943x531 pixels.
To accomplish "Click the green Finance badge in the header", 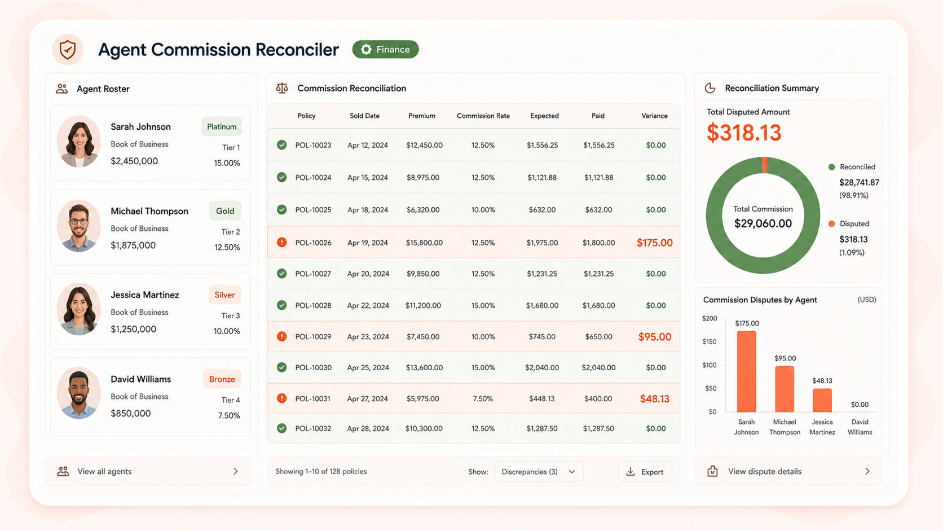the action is pyautogui.click(x=385, y=49).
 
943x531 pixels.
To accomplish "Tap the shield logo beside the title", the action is pyautogui.click(x=67, y=50).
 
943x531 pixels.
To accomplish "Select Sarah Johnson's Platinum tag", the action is pyautogui.click(x=222, y=126).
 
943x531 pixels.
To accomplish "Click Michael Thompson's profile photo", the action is pyautogui.click(x=79, y=226).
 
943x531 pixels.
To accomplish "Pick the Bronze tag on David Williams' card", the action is pyautogui.click(x=222, y=379).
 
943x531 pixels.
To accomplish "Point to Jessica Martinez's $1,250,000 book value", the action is pyautogui.click(x=134, y=329).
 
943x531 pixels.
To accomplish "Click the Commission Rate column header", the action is pyautogui.click(x=483, y=116).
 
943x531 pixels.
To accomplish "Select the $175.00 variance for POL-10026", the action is pyautogui.click(x=655, y=243).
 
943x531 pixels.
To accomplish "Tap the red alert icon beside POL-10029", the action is pyautogui.click(x=281, y=336).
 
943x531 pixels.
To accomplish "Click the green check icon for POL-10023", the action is pyautogui.click(x=281, y=145).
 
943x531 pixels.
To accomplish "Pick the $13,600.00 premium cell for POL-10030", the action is pyautogui.click(x=424, y=367).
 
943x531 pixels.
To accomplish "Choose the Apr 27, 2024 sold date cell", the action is pyautogui.click(x=368, y=399).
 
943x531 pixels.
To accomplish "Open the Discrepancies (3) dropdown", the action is pyautogui.click(x=539, y=472).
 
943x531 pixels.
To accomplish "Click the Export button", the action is pyautogui.click(x=645, y=472).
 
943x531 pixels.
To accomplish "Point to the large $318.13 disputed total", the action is pyautogui.click(x=744, y=133).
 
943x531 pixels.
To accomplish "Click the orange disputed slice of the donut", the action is pyautogui.click(x=765, y=165).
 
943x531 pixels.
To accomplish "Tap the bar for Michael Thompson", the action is pyautogui.click(x=785, y=389).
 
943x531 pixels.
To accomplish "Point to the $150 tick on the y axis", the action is pyautogui.click(x=710, y=341).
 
